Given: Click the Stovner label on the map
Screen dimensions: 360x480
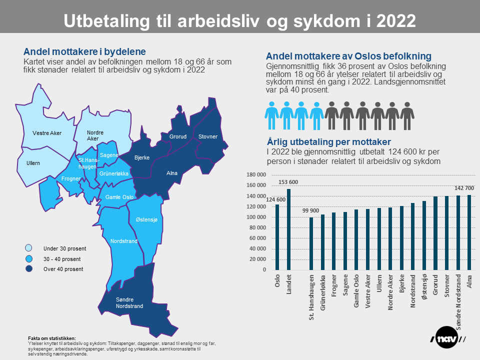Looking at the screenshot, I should tap(207, 136).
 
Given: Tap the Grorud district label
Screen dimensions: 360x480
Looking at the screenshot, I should tap(178, 136).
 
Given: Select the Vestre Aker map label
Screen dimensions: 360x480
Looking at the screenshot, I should tap(47, 133).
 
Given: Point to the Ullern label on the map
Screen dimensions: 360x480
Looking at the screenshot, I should tap(33, 163).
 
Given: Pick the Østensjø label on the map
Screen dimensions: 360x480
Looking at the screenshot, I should tap(146, 220).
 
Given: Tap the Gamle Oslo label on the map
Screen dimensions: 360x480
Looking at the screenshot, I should tap(119, 197).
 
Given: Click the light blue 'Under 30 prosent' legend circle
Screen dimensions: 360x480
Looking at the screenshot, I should tap(29, 248).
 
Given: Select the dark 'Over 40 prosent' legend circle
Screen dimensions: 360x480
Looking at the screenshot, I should tap(29, 269).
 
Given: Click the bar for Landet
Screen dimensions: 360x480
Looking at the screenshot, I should tap(289, 229).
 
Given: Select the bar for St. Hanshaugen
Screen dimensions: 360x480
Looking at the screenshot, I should tap(311, 243).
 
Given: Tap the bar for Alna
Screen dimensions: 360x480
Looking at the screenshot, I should tap(469, 232).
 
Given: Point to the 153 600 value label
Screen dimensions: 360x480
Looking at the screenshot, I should tap(289, 182).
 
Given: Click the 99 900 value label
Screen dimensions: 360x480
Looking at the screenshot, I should tap(311, 211).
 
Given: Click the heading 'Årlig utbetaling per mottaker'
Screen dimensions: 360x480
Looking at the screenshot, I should tap(328, 141).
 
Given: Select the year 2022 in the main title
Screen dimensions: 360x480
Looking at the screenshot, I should tap(394, 21).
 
